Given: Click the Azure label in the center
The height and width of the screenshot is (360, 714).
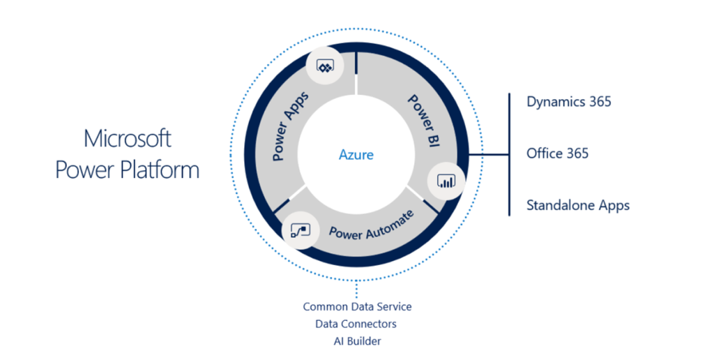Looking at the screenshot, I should pyautogui.click(x=356, y=154).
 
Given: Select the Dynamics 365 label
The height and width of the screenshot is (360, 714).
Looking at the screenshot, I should pyautogui.click(x=568, y=102).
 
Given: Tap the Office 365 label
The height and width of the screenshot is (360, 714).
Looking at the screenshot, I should pyautogui.click(x=557, y=153).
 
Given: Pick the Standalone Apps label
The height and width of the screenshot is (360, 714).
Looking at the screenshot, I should pyautogui.click(x=578, y=205).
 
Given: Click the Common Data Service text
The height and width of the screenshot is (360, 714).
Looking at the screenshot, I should pyautogui.click(x=357, y=307).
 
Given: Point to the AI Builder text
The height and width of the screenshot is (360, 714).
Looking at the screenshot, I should pyautogui.click(x=356, y=341).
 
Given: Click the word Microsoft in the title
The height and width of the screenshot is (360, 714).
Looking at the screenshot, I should pyautogui.click(x=127, y=138).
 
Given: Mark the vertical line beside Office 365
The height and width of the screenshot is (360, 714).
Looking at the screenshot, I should pyautogui.click(x=510, y=153).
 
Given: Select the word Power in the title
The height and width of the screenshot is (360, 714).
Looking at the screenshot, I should pyautogui.click(x=84, y=170).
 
